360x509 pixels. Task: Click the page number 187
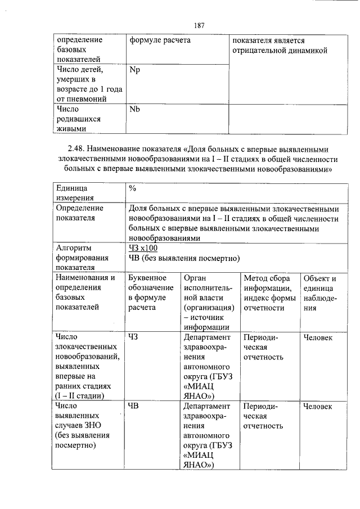click(199, 25)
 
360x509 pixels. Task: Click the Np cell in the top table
click(134, 70)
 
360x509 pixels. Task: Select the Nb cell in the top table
click(134, 109)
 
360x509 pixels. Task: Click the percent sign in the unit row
click(132, 188)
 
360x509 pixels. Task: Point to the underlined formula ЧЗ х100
click(143, 248)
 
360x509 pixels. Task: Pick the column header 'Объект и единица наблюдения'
click(319, 292)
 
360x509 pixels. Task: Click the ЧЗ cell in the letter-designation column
click(133, 337)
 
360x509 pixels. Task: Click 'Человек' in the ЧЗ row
click(317, 337)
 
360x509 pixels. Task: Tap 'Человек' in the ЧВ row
click(317, 407)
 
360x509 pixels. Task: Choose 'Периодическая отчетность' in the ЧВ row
click(263, 416)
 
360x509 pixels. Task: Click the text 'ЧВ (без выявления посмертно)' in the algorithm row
click(184, 258)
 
